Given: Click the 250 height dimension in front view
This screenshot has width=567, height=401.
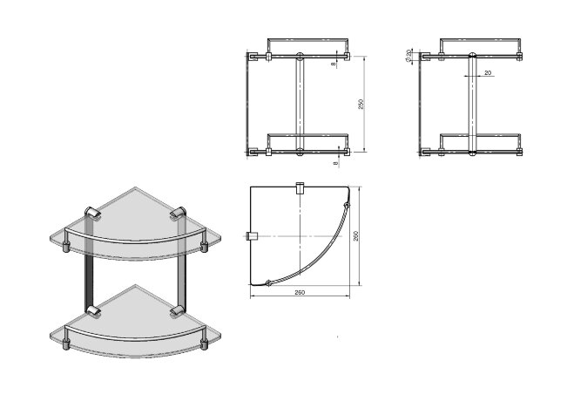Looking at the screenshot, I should [x=361, y=104].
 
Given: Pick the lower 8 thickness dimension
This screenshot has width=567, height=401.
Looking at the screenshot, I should [x=334, y=161].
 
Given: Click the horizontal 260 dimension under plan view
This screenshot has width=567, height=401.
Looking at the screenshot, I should [x=300, y=292].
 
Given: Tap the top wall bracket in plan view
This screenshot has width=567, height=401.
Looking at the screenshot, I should [x=300, y=187].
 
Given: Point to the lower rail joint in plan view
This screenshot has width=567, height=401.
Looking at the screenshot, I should [x=268, y=282].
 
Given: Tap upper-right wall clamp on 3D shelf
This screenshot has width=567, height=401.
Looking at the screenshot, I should [x=179, y=213].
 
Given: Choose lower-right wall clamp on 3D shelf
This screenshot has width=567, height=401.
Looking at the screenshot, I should [x=179, y=309].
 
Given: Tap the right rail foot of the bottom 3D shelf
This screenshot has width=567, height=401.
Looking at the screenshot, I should [x=205, y=343].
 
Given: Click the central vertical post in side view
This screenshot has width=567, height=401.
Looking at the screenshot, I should [x=472, y=104].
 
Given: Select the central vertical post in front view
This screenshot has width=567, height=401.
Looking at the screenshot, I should [x=300, y=104].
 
